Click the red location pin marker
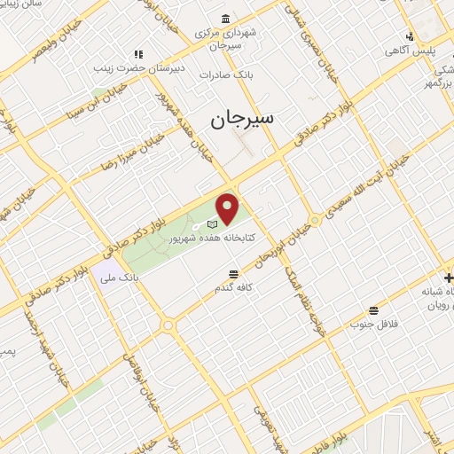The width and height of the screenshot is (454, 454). coord(228,208)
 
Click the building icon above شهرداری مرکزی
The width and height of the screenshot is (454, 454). coord(226,19)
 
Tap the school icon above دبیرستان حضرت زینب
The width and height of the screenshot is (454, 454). coord(137,54)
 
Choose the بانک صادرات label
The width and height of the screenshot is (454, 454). coord(252,76)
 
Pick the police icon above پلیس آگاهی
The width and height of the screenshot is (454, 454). coord(409,36)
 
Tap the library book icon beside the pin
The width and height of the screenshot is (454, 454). coord(212,223)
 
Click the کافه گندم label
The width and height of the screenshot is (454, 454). coord(234,288)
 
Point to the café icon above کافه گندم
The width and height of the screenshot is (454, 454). coord(233,274)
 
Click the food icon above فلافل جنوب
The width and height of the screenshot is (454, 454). coord(374,311)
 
